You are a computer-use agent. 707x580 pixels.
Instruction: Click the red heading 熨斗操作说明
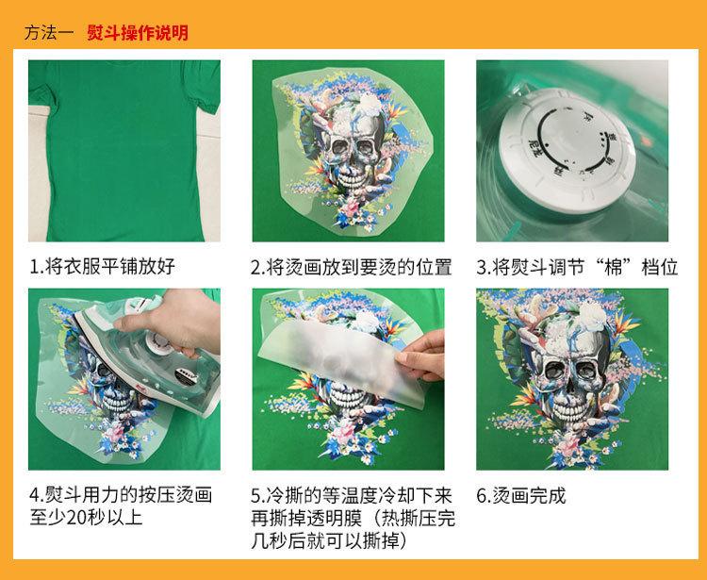tap(138, 33)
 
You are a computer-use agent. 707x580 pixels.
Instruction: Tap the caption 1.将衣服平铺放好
tap(102, 267)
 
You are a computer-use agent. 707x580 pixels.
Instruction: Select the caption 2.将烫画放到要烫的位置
tap(351, 267)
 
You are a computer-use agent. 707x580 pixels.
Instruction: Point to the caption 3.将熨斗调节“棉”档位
tap(577, 267)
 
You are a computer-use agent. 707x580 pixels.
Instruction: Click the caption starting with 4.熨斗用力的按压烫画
tap(121, 495)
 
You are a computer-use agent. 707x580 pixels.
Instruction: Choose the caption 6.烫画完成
tap(521, 495)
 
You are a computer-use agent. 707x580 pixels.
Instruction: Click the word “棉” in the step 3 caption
tap(607, 267)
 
